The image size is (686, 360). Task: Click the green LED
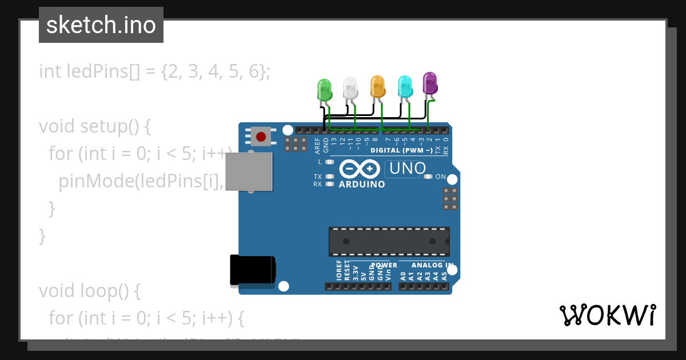[324, 90]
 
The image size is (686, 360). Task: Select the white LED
[350, 87]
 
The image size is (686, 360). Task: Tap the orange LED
[377, 86]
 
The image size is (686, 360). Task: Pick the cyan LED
[405, 86]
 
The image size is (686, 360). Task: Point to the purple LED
[430, 83]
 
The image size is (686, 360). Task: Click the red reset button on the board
[261, 137]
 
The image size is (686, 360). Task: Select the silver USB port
[249, 171]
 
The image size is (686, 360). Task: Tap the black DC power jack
[252, 270]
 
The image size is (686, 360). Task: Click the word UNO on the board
[408, 168]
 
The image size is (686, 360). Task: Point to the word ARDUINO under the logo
[362, 185]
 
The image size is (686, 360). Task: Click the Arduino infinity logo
[360, 169]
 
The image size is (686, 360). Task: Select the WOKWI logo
[608, 315]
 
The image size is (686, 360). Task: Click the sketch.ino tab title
[101, 25]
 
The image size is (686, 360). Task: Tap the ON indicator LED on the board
[428, 177]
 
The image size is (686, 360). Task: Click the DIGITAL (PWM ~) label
[401, 151]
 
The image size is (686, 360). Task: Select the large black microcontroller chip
[389, 241]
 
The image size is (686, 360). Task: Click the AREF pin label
[318, 146]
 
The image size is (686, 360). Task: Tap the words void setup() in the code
[94, 126]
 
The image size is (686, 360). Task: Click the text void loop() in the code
[89, 291]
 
